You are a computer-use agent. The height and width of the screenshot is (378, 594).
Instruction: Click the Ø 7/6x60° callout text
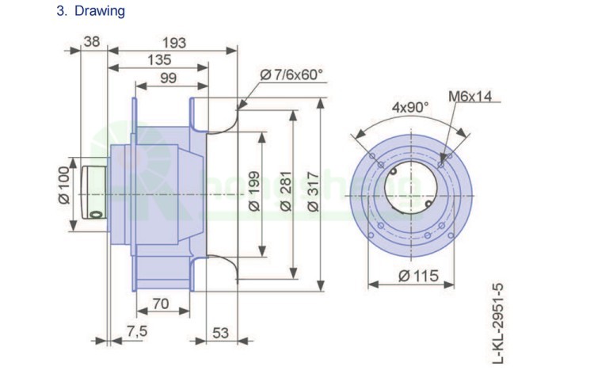(x=291, y=74)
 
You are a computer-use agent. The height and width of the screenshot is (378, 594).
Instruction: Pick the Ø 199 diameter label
(x=254, y=194)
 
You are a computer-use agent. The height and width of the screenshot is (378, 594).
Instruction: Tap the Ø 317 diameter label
(x=313, y=194)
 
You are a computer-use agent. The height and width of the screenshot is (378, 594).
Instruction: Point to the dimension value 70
(x=161, y=304)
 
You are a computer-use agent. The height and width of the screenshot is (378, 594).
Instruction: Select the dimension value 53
(x=221, y=333)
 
